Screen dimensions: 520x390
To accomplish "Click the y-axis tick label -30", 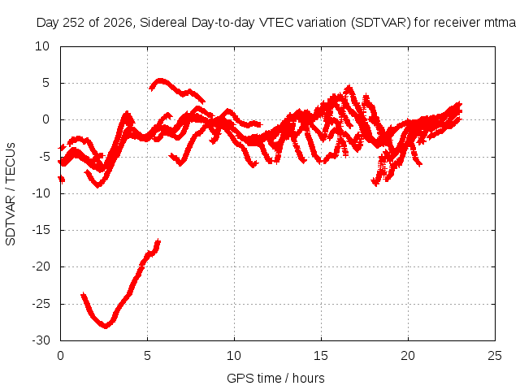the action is [41, 340].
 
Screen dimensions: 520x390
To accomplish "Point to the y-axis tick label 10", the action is [42, 46].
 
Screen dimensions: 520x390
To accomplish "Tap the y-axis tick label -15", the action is [41, 230].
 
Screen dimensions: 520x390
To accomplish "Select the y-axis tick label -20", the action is [41, 266].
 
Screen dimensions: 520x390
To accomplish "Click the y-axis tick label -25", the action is [41, 303].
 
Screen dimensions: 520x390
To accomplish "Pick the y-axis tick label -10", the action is [41, 193].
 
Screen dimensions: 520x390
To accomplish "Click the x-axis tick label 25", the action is [495, 356].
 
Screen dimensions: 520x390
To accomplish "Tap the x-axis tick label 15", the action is [321, 356].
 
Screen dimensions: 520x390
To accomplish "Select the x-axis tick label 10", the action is [234, 356].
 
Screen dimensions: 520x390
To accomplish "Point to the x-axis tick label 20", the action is [408, 356].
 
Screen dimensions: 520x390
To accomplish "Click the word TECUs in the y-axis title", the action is [11, 162].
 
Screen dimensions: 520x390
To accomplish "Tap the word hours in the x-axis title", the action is [309, 378].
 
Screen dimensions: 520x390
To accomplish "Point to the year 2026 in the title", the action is [118, 23].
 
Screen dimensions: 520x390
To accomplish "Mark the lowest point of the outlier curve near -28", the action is [106, 327].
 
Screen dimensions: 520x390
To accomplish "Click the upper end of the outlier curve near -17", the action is [158, 240].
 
